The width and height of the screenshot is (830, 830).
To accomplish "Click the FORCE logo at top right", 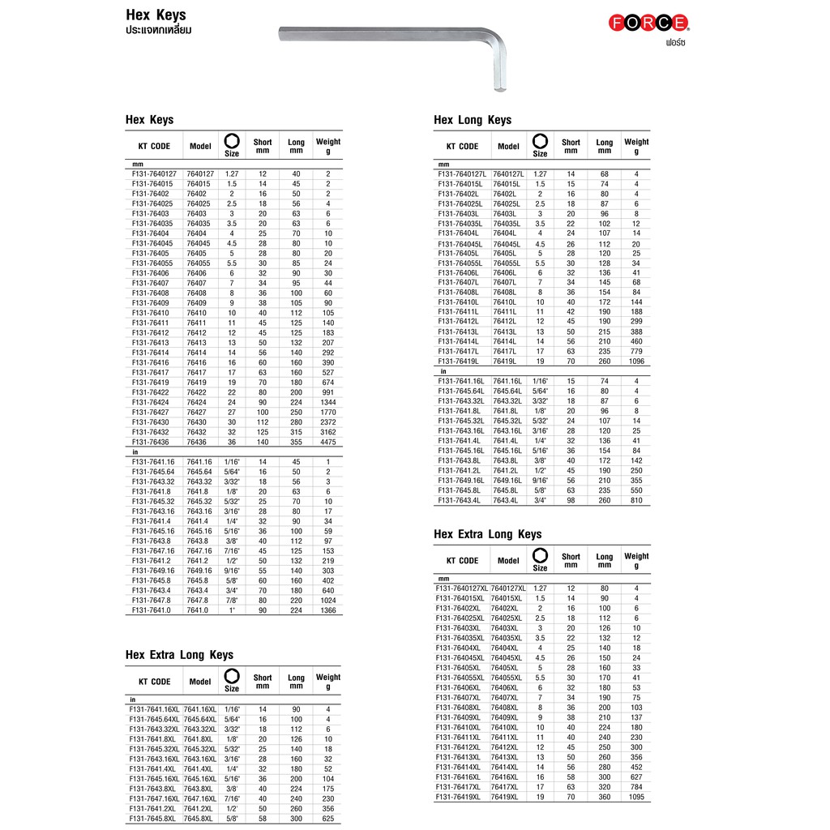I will click(648, 24).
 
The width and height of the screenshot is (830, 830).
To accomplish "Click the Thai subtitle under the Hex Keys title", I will click(158, 30).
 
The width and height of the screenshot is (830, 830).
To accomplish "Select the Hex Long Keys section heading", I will click(473, 120).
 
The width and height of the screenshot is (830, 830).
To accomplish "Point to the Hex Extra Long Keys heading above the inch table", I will click(179, 655).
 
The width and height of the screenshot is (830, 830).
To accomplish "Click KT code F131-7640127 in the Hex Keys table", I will click(153, 174).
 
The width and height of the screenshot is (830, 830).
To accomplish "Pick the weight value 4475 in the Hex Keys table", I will click(327, 442).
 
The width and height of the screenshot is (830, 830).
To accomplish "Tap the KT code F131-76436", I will click(149, 442).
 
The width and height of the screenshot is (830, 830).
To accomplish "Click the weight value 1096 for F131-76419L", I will click(636, 362).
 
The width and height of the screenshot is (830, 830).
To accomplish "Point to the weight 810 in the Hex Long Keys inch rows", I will click(636, 500).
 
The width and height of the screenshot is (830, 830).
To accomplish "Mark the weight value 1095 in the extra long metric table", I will click(636, 798).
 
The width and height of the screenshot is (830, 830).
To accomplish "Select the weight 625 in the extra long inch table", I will click(327, 818).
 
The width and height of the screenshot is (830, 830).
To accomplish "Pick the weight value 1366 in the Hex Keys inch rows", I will click(327, 610).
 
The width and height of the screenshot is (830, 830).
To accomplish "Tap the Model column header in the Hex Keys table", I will click(199, 147).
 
